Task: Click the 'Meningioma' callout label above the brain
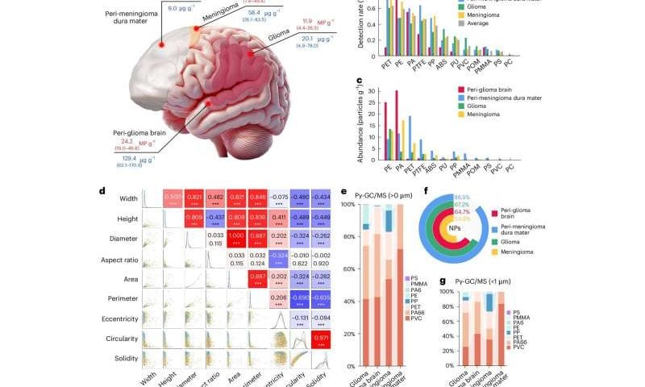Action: coord(221,11)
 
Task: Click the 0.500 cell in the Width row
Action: coord(171,196)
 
